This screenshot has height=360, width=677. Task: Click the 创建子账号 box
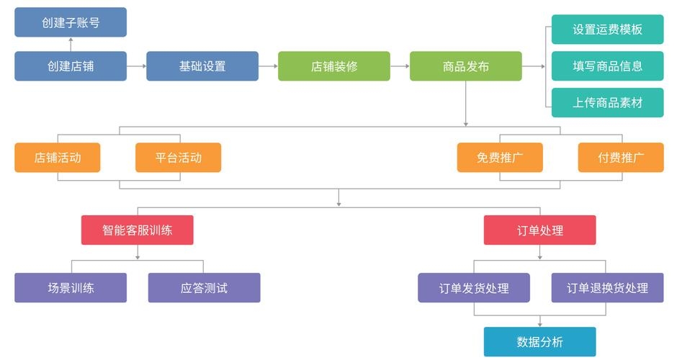[71, 22]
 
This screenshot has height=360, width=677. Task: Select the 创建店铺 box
[71, 66]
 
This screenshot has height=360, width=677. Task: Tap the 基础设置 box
[202, 66]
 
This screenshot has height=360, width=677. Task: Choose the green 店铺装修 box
[334, 66]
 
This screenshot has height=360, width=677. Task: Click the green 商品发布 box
[466, 66]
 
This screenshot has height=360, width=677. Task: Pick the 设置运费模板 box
[607, 30]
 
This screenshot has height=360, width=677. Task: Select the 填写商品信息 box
[607, 66]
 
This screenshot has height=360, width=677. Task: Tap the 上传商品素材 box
[607, 102]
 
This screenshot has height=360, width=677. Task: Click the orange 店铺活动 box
[58, 158]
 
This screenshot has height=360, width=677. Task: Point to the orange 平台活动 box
[178, 158]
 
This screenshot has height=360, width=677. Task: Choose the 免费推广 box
[500, 158]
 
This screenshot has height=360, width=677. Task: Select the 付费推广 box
[621, 158]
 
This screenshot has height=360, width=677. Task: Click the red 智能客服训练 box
[137, 230]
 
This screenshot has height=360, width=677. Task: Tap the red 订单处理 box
[539, 230]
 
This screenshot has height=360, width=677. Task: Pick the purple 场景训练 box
[71, 288]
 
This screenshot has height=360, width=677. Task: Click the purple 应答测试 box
[204, 288]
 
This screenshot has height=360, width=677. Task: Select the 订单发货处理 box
[474, 288]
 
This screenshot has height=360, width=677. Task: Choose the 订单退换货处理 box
[607, 288]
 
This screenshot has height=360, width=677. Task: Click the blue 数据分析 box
[539, 342]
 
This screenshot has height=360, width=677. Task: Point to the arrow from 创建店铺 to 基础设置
[137, 66]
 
